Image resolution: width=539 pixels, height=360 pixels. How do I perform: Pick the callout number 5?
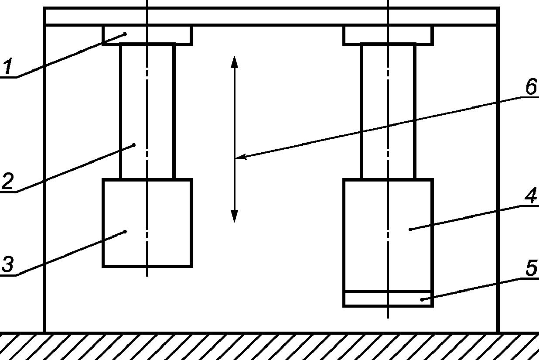531,267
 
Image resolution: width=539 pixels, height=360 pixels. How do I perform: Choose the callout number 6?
530,87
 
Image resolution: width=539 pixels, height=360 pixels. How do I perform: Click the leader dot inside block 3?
125,231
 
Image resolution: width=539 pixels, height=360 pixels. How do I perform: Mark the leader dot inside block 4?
410,229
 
